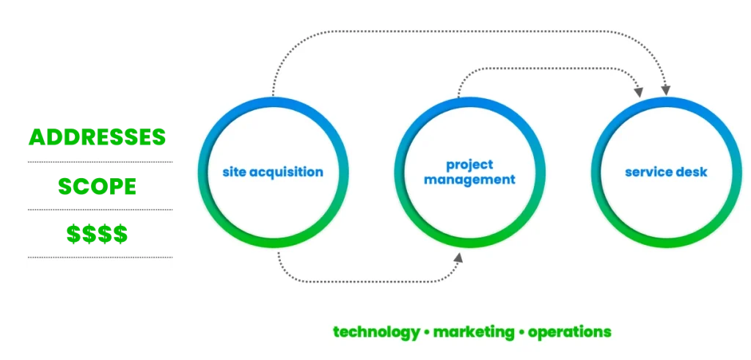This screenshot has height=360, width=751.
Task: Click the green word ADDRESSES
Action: tap(98, 137)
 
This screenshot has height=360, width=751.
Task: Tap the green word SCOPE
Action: tap(98, 186)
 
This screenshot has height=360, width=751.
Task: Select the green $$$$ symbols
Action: tap(98, 235)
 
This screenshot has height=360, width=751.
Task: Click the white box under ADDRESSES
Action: tap(100, 164)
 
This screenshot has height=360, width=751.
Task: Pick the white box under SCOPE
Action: tap(100, 211)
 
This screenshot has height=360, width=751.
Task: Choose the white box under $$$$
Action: tap(100, 258)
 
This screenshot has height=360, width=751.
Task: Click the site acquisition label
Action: tap(273, 172)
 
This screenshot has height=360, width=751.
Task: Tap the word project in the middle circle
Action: tap(469, 164)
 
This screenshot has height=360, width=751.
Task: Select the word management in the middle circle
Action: tap(469, 179)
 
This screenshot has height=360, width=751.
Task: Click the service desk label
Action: tap(666, 172)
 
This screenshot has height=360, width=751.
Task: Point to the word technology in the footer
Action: tap(376, 331)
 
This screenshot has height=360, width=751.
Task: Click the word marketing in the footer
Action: tap(474, 331)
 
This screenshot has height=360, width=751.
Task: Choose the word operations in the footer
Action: tap(569, 331)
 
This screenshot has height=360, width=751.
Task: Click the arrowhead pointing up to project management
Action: tap(458, 258)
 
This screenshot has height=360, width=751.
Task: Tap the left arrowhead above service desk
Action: tap(639, 92)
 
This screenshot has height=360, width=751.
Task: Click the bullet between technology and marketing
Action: tap(426, 332)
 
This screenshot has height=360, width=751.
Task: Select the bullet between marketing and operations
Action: tap(521, 332)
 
